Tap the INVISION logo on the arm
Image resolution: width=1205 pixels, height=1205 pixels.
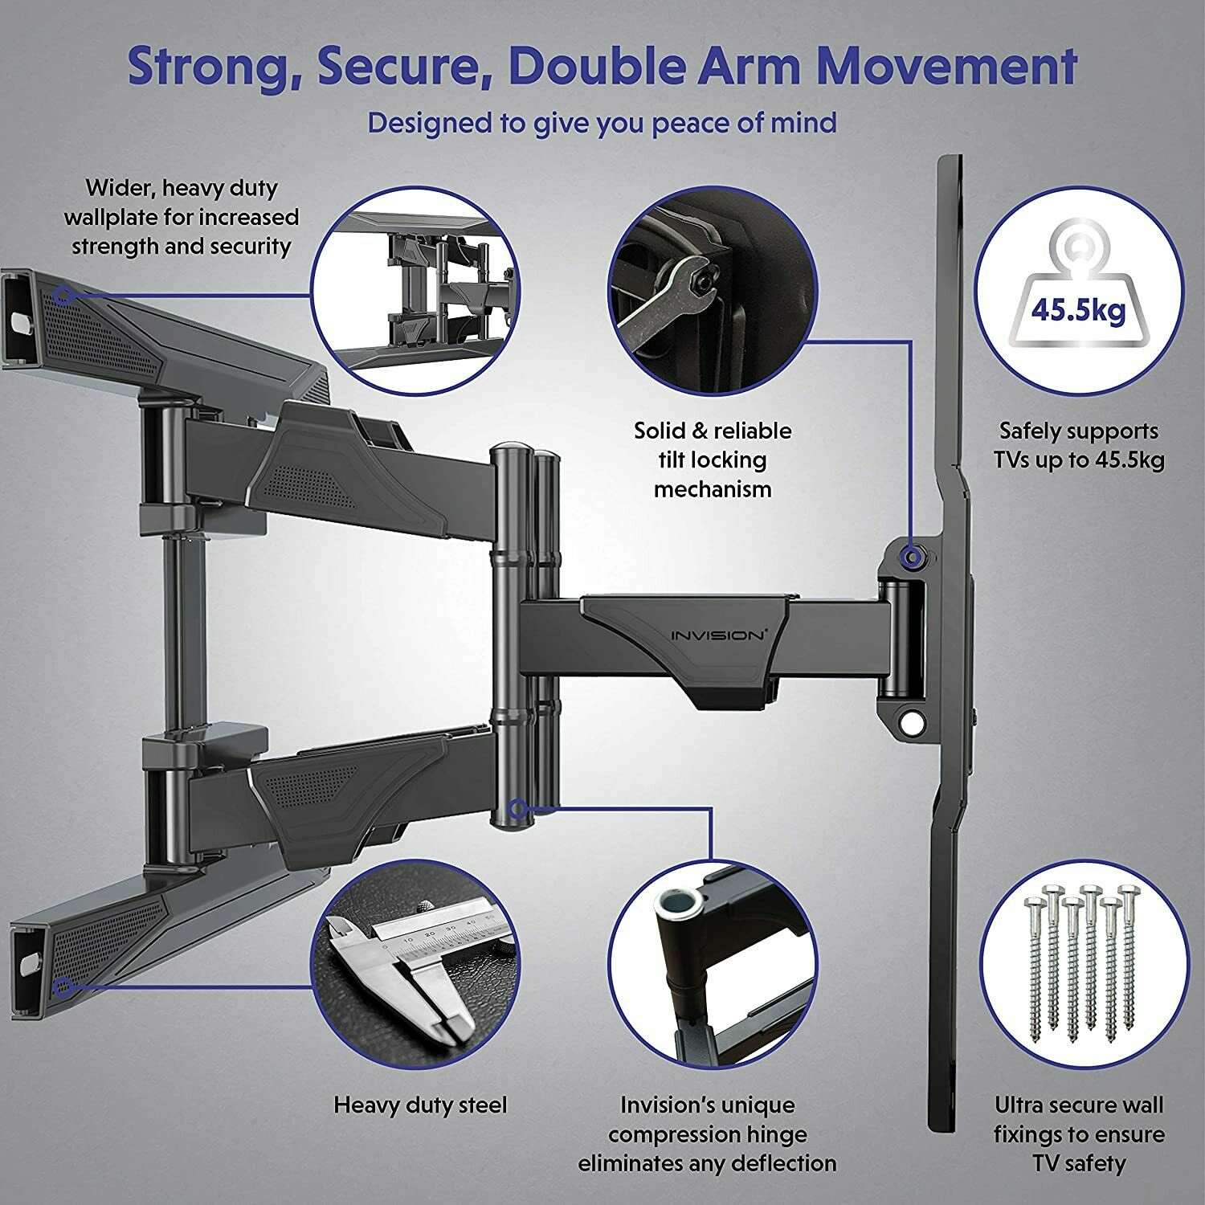(x=717, y=635)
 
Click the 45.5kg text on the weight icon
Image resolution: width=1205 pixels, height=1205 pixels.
(x=1078, y=310)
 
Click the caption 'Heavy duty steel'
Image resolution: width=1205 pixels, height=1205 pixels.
(x=420, y=1105)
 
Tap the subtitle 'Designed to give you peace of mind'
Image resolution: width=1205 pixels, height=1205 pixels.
(x=602, y=124)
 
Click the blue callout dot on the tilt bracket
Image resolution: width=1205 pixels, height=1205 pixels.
(x=911, y=557)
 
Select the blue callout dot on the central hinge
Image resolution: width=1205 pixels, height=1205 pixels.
(x=518, y=807)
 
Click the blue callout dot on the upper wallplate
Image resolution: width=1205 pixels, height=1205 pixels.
(x=66, y=296)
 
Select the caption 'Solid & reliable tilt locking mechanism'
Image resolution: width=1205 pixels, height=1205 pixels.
(x=712, y=460)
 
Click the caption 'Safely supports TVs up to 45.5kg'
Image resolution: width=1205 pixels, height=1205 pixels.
(x=1078, y=445)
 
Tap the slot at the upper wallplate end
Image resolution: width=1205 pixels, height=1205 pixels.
(x=21, y=320)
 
